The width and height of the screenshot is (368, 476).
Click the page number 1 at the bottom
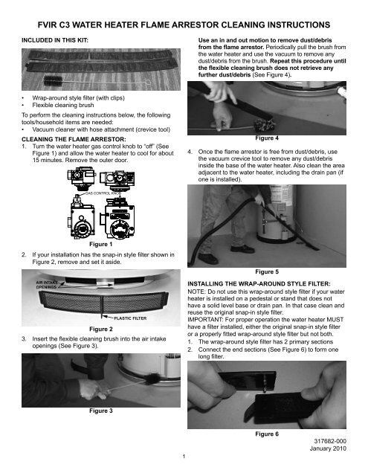[184, 455]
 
